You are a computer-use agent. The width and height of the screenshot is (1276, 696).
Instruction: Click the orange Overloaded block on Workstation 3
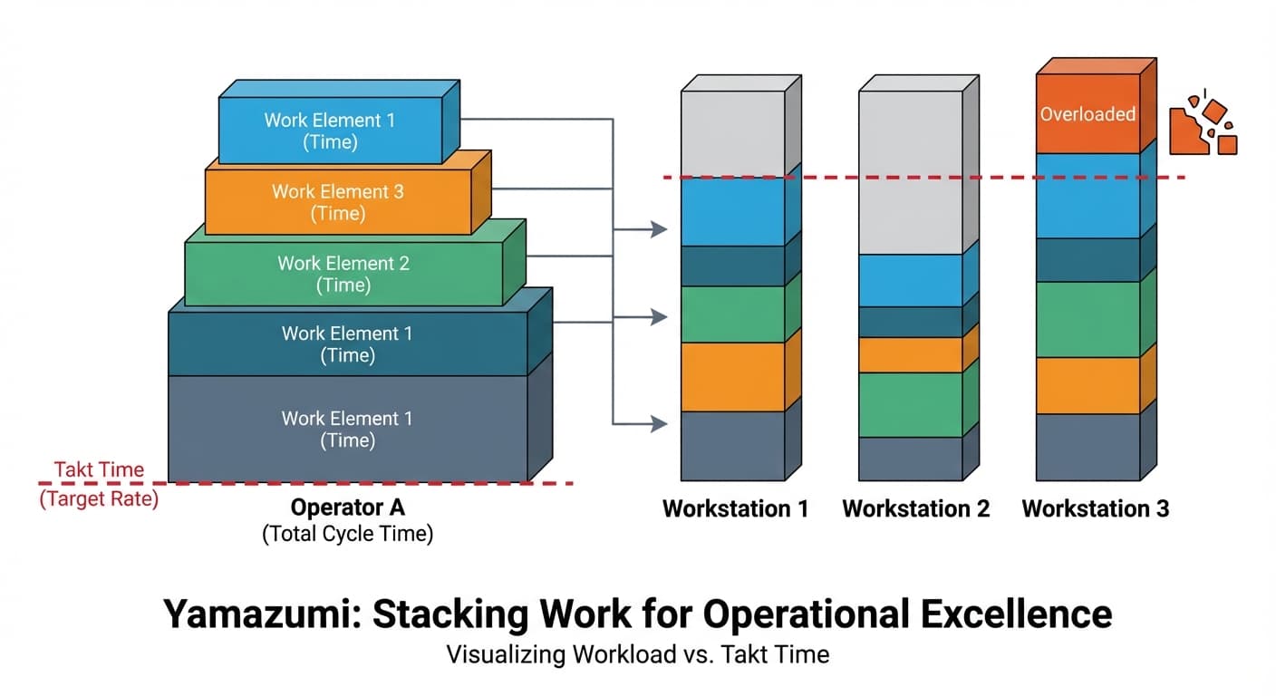[x=1087, y=114]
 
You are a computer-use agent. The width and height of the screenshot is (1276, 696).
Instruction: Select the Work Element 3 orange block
[x=338, y=202]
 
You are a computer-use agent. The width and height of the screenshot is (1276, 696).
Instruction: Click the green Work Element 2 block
[x=343, y=273]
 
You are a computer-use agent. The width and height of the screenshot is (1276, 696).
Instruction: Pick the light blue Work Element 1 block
[x=330, y=130]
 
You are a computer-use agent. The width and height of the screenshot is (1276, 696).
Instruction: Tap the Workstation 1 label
[x=735, y=508]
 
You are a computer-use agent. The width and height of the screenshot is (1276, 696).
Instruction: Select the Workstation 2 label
[x=915, y=508]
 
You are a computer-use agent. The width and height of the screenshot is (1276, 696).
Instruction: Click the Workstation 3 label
[x=1095, y=508]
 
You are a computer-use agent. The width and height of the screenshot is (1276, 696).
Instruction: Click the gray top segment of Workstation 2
[x=910, y=172]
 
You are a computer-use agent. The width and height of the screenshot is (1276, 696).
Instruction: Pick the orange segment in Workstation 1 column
[x=732, y=377]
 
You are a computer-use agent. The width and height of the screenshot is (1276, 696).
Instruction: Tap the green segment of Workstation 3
[x=1087, y=319]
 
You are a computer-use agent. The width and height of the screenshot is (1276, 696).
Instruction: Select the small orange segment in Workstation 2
[x=910, y=354]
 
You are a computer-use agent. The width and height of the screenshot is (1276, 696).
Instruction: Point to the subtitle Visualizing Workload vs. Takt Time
[x=637, y=654]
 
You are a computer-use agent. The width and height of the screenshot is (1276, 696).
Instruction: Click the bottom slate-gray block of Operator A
[x=347, y=429]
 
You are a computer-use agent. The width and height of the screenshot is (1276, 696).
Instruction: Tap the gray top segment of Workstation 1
[x=732, y=133]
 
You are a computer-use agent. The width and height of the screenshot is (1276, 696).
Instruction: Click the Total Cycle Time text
[x=347, y=534]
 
